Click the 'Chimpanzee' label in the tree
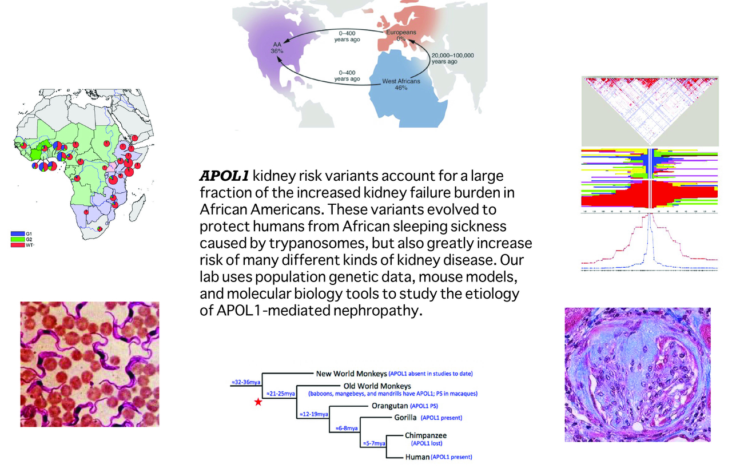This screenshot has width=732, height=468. click(426, 435)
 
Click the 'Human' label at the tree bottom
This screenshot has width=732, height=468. click(417, 457)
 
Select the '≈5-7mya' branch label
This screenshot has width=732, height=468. click(374, 443)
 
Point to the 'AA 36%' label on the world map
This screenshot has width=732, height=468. click(277, 47)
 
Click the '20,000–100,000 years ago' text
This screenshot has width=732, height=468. click(452, 58)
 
